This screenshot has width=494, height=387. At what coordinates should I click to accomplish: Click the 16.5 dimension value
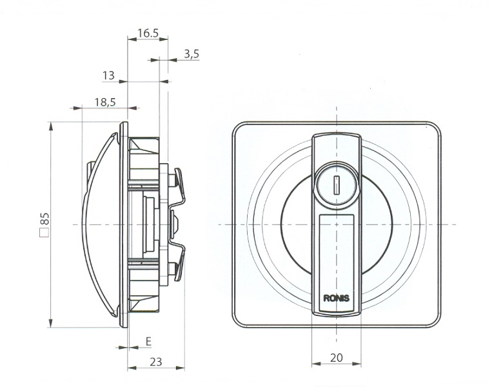point(148,32)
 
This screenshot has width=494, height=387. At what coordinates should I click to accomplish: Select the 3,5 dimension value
point(192,54)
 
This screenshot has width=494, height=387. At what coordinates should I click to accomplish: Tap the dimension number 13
point(108,75)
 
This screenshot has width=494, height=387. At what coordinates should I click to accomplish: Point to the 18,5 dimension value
point(105,102)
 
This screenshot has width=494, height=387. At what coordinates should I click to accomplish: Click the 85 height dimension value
point(44,219)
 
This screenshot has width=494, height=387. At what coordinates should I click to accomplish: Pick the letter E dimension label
point(149,341)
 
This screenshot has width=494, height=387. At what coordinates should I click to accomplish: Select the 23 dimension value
point(155,362)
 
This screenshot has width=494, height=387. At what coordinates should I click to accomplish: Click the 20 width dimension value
point(337,358)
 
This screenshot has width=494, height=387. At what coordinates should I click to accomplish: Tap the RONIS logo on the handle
point(336,298)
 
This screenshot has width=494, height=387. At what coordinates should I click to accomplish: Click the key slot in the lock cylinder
point(336,185)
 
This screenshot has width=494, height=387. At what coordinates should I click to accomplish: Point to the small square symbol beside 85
point(44,233)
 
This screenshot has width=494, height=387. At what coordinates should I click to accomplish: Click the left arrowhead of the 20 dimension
point(316,364)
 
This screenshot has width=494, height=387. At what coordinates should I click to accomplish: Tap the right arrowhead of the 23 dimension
point(180,368)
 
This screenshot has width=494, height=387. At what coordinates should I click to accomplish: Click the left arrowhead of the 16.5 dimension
point(132,39)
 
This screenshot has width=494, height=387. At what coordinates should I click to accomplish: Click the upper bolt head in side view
point(172,180)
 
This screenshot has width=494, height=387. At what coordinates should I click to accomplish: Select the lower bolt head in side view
point(172,269)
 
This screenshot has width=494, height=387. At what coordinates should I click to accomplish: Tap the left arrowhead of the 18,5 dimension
point(77,108)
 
